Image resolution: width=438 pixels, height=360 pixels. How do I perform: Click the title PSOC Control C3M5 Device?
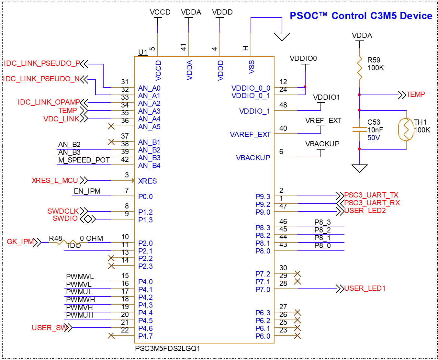pos(361,16)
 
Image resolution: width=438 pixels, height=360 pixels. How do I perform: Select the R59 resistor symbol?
pos(359,68)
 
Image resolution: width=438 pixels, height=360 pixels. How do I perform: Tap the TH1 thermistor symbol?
pos(406,129)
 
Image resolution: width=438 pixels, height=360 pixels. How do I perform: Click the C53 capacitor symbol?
pos(359,129)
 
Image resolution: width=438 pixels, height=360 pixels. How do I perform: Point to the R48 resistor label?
pos(55,239)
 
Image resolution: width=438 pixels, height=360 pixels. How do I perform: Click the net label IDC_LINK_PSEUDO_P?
pos(42,63)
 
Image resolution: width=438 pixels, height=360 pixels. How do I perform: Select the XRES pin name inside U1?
pos(147,181)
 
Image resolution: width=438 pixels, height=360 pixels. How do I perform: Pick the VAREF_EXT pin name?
pos(250,135)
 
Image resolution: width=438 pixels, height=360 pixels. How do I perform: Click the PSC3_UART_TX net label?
pos(371,195)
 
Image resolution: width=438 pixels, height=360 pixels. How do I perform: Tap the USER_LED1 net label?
pos(365,288)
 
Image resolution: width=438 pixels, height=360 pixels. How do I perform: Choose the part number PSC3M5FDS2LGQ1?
pos(167,349)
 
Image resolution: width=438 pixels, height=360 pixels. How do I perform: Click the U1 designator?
pos(143,52)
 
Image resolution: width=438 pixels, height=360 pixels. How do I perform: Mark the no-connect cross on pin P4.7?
pos(111,336)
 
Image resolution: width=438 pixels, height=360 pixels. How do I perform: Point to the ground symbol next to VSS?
pos(282,36)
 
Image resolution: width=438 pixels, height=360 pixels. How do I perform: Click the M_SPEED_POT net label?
pos(84,160)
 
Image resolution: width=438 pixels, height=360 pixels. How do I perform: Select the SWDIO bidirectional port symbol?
pos(88,219)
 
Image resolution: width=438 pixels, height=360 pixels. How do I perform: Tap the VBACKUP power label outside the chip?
pos(322,144)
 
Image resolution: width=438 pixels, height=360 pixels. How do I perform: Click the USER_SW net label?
pos(50,328)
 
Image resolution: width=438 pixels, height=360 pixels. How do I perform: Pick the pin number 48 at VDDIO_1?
pos(283,105)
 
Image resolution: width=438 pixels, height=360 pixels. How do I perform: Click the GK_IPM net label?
pos(20,242)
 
